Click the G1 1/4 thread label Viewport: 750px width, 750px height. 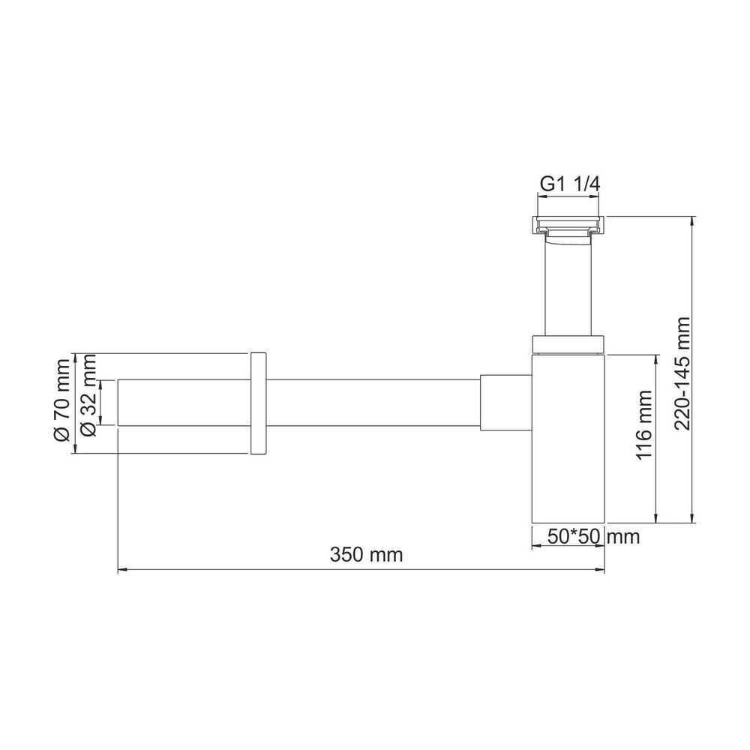(x=570, y=184)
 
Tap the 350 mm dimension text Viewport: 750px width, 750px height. (x=367, y=555)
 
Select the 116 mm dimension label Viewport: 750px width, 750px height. (x=644, y=424)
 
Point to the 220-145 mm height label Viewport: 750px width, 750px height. (x=682, y=373)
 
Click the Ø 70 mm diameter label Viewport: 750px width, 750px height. (x=62, y=400)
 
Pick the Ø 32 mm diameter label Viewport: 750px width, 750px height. (x=89, y=395)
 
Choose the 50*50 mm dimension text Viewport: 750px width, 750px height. (x=593, y=537)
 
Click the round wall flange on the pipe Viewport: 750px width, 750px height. (x=258, y=403)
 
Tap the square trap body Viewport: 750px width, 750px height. (x=568, y=438)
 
